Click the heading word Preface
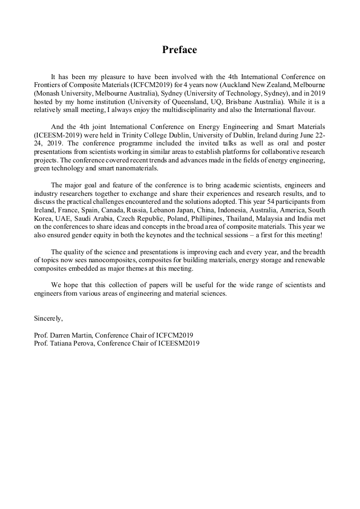pos(179,50)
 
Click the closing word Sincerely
pos(48,318)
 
